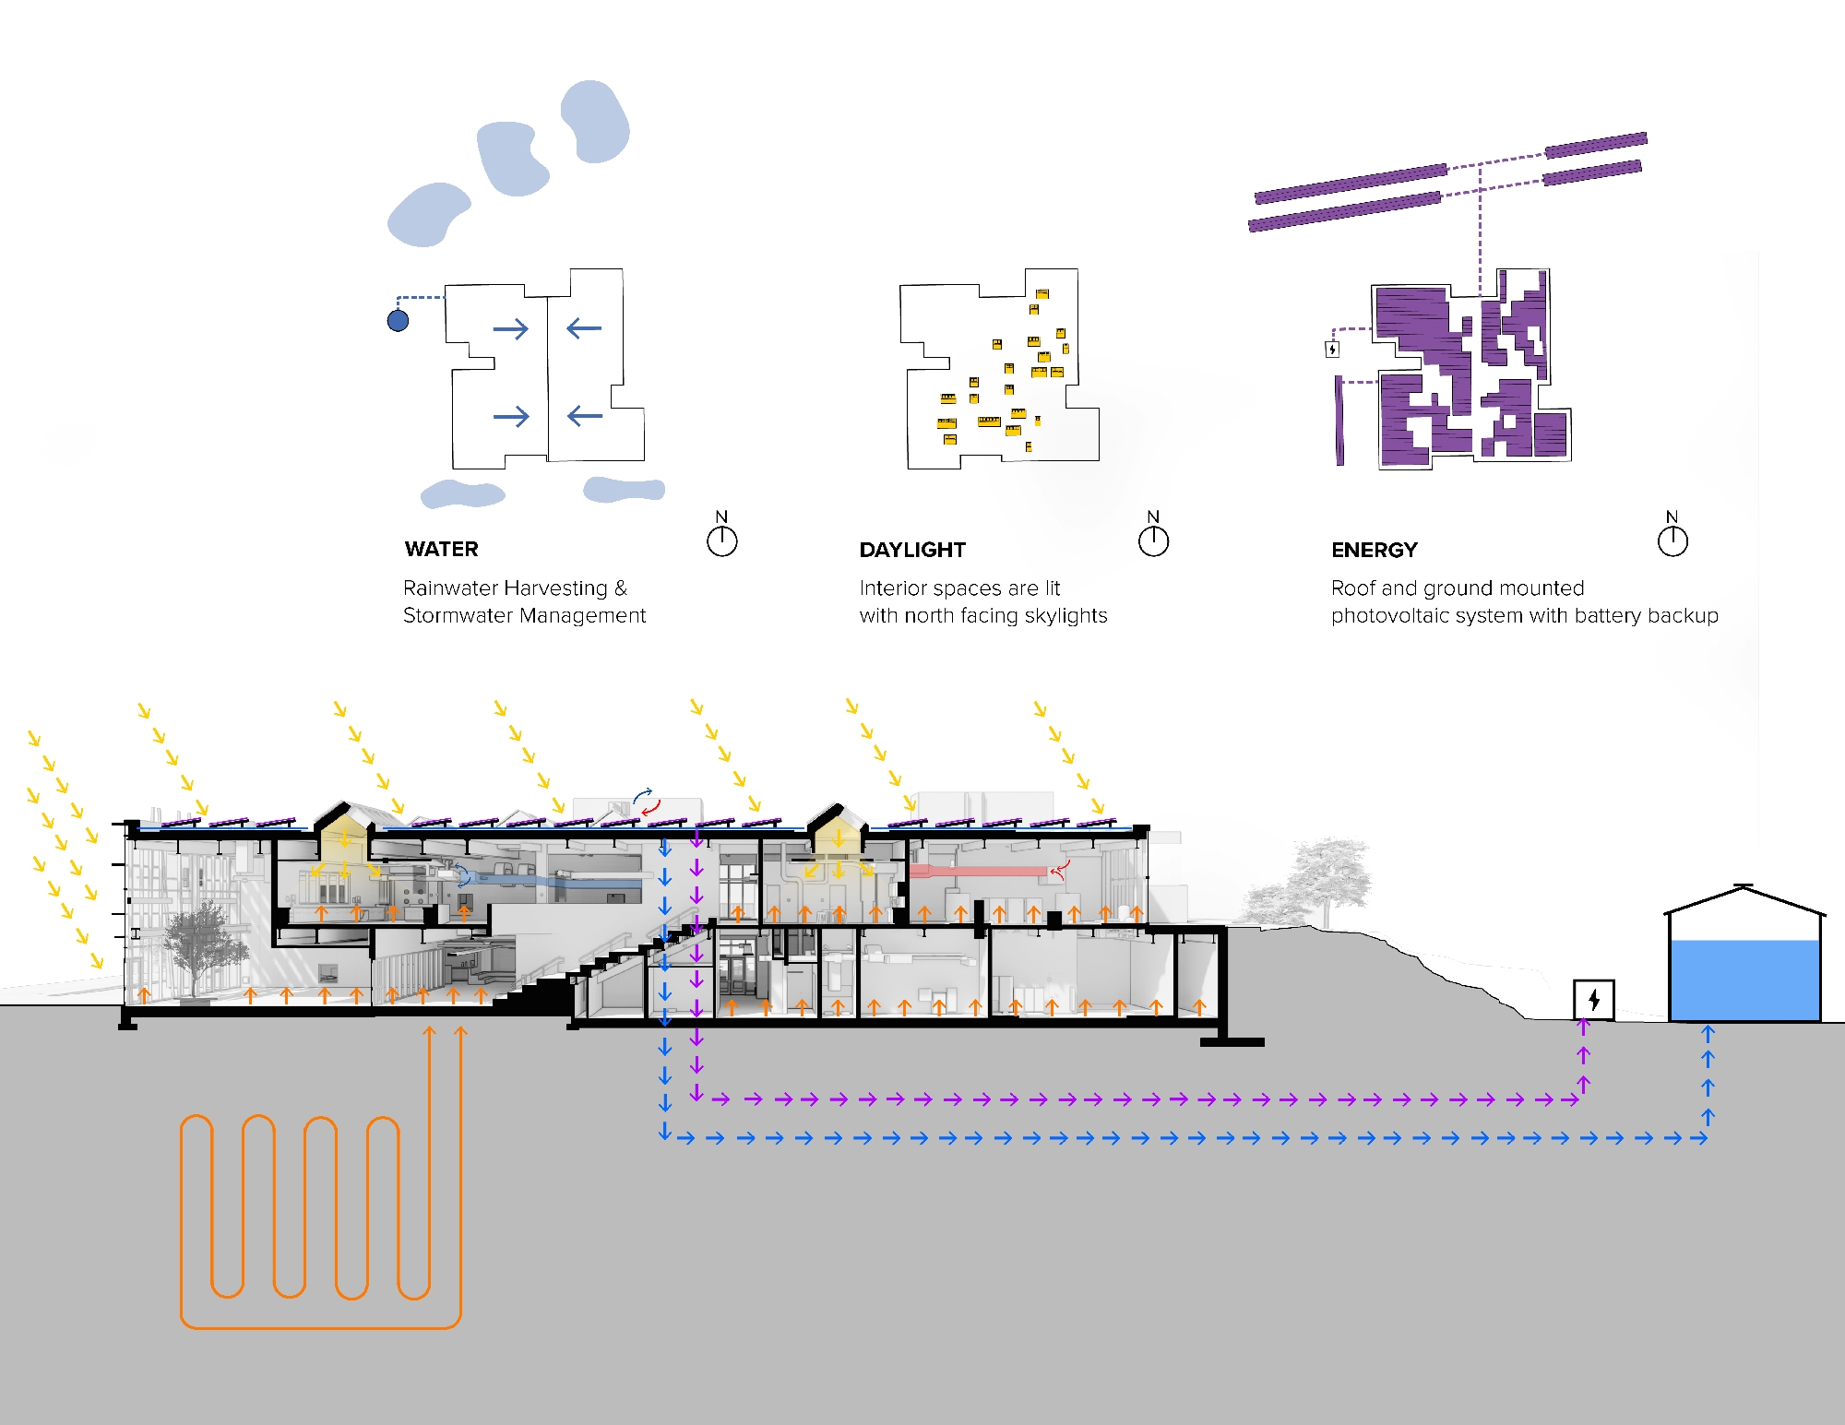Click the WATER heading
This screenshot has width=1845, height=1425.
coord(441,549)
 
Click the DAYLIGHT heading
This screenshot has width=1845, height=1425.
coord(911,550)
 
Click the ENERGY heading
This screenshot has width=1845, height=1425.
coord(1374,550)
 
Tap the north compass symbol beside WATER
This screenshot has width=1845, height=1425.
coord(721,540)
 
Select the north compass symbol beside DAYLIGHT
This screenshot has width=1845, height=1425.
coord(1153,540)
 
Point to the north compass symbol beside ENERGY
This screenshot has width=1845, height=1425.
coord(1672,540)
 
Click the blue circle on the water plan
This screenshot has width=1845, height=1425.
coord(398,320)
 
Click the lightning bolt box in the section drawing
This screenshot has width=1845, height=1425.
coord(1593,999)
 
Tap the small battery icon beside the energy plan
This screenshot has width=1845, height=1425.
coord(1332,349)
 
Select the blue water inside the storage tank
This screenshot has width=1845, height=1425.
coord(1744,980)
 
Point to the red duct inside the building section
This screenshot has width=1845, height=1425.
coord(978,871)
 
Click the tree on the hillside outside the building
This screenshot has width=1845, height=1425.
coord(1328,876)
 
